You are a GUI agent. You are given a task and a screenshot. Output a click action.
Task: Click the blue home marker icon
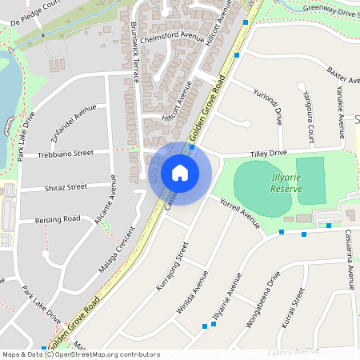[x=180, y=173]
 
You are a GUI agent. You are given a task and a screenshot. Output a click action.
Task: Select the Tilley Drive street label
[x=268, y=152]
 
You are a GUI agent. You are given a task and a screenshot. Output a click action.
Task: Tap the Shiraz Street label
[x=66, y=187]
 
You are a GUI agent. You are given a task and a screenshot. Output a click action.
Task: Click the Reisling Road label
[x=58, y=218]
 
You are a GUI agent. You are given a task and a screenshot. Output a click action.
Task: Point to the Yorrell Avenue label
[x=240, y=213]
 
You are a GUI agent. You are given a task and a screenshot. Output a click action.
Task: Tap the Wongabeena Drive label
[x=265, y=302]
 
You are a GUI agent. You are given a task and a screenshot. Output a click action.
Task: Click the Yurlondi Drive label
[x=269, y=105]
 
